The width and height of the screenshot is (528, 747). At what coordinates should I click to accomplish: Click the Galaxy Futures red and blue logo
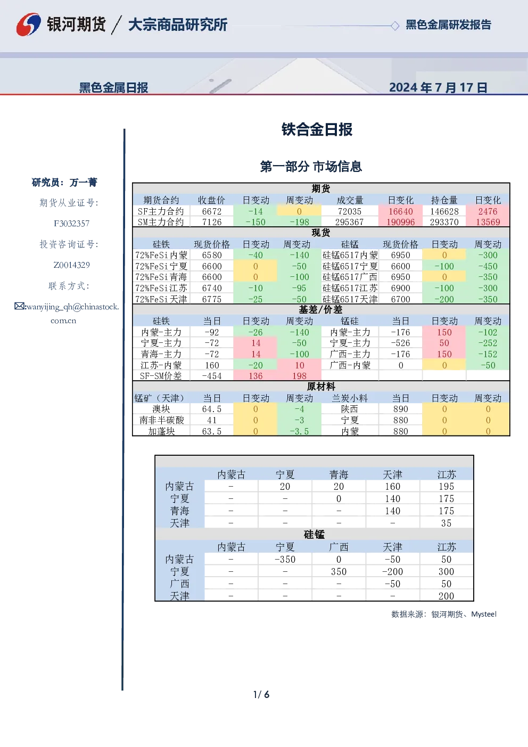tap(28, 24)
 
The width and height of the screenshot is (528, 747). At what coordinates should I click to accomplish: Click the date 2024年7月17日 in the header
tap(439, 88)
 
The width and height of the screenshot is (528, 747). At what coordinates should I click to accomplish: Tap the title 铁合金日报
tap(317, 129)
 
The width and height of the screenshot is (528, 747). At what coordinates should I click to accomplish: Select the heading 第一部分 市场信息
tap(311, 167)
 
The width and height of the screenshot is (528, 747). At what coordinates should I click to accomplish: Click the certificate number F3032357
tap(72, 224)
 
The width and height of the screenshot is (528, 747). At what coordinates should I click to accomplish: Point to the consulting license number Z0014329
tap(72, 265)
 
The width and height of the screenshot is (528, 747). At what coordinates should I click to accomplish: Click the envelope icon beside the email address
tap(19, 306)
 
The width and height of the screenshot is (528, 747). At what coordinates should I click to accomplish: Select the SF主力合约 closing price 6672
tap(212, 211)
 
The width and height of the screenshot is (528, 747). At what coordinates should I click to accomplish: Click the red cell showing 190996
tap(400, 222)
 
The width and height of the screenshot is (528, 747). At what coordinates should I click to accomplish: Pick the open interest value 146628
tap(444, 211)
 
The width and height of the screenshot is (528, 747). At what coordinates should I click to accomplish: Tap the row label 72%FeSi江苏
tap(161, 288)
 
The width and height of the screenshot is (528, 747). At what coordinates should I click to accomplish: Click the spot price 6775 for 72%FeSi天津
tap(212, 299)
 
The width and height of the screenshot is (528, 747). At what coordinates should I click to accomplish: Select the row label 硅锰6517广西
tap(350, 277)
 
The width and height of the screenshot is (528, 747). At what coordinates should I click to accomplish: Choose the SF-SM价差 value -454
tap(212, 376)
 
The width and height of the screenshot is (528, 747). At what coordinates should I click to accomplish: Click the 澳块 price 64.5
tap(212, 409)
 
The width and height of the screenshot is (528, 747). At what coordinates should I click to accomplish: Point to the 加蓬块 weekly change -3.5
tap(299, 431)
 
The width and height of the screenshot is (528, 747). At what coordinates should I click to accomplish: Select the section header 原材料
tap(320, 387)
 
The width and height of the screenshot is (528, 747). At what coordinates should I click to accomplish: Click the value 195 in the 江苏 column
tap(447, 487)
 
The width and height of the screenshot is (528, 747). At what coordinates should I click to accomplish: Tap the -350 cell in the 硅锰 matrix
tap(285, 559)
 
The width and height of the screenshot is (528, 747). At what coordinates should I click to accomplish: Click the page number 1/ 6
tap(261, 695)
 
